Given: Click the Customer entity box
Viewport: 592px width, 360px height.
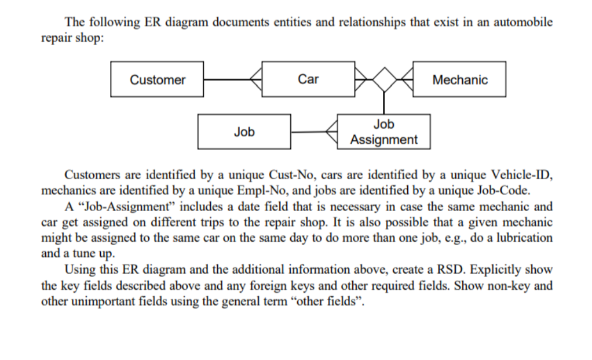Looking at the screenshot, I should [157, 79].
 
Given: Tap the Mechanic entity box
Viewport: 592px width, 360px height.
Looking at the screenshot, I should [459, 79].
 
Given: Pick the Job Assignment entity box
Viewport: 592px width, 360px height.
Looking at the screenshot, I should [383, 132].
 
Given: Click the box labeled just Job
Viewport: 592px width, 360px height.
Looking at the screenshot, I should [244, 132].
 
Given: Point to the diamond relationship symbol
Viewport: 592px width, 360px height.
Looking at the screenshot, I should [383, 79].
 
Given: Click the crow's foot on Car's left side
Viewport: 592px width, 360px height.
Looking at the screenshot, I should [256, 79].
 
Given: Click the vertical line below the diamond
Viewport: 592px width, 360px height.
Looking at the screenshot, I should [383, 103].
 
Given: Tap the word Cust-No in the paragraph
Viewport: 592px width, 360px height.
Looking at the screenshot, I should [291, 174].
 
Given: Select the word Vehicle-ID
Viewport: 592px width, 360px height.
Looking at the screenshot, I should [521, 174].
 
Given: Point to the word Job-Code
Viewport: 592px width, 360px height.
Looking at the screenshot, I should [502, 190].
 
